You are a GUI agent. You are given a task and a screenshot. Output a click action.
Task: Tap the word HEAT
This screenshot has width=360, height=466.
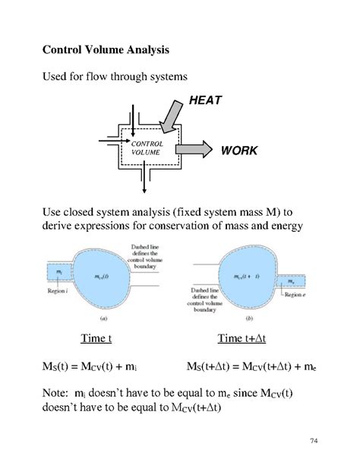tap(204, 100)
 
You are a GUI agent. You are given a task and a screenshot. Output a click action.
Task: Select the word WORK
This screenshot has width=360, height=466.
tap(239, 150)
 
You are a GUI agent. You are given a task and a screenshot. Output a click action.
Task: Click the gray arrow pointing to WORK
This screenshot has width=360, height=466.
tap(194, 147)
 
